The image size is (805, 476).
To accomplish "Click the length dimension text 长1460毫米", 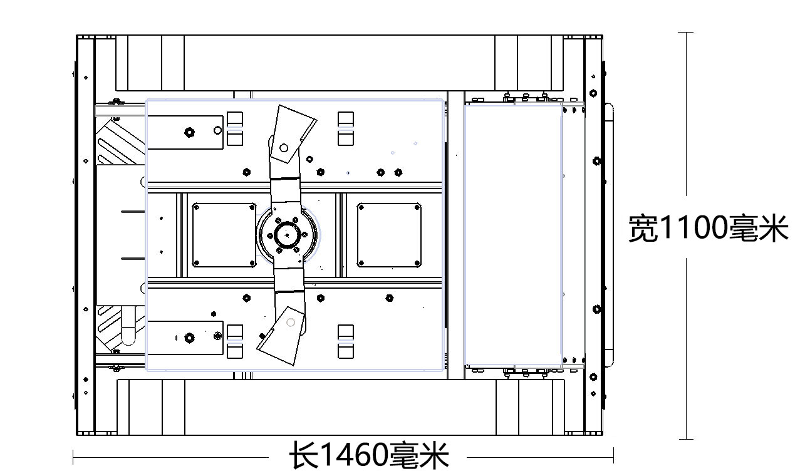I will point(368,456).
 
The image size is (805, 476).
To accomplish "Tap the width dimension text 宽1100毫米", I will point(708,228).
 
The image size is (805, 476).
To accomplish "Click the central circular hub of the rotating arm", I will point(287,235).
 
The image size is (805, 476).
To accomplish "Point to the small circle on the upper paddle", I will point(284,148).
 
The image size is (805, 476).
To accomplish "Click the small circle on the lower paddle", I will point(290,323).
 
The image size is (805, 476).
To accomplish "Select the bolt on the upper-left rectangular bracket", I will point(189,132).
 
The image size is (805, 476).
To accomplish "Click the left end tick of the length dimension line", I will point(73,457).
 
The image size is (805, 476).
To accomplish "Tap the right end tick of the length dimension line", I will point(613,457).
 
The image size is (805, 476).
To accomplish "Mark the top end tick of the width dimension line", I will point(687,32).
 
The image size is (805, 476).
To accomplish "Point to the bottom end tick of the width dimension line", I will point(687,439).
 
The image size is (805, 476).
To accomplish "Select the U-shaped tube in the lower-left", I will point(128,326).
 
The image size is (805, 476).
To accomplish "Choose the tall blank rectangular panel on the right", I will point(512,235).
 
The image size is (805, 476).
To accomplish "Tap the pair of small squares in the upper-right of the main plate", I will point(346,128).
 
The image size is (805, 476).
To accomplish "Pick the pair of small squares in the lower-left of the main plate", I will point(235,341).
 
